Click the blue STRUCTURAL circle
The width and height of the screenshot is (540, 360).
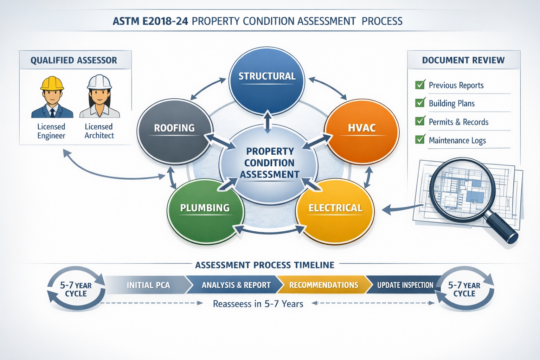click(267, 81)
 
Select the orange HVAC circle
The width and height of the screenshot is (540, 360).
click(362, 131)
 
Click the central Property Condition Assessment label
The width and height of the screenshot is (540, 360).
click(269, 163)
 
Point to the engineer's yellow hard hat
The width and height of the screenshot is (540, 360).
click(52, 83)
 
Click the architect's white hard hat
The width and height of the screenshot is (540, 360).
click(99, 82)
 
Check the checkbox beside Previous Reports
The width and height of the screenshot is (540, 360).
click(420, 85)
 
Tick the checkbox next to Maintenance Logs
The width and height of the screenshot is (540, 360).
click(420, 140)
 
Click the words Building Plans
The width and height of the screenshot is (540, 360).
click(452, 103)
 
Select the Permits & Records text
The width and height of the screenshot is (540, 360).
click(458, 122)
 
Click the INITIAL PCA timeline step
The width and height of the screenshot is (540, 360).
click(148, 285)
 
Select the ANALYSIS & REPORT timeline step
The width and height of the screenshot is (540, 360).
click(236, 285)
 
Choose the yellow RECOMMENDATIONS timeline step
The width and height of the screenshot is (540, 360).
click(323, 285)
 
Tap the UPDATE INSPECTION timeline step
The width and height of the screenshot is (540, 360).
click(405, 285)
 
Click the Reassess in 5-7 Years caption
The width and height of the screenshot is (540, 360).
click(258, 304)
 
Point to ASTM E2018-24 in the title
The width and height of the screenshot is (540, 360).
click(150, 21)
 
